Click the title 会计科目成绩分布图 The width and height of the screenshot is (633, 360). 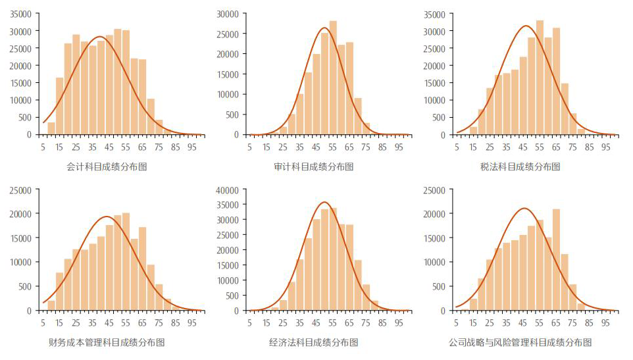107,167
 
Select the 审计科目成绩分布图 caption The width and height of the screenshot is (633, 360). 314,167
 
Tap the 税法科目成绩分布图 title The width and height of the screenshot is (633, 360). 520,167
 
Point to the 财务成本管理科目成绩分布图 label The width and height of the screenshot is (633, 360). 107,343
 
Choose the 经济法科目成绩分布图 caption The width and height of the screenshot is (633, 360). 314,343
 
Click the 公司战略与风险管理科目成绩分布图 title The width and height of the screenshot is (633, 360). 520,343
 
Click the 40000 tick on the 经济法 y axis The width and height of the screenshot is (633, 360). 231,190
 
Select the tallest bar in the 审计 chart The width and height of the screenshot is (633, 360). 332,78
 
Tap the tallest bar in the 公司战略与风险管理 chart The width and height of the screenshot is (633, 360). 556,260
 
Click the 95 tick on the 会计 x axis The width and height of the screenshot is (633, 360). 192,147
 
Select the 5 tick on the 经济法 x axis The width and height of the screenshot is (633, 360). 249,322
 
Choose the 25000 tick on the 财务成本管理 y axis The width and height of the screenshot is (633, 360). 23,190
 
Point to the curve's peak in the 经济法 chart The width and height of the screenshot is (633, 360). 324,202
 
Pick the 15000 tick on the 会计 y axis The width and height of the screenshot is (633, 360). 23,83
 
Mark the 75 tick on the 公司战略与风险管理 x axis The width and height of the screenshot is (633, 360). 572,322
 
